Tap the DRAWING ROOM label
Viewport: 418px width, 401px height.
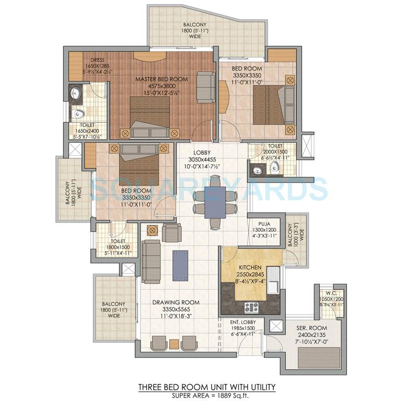coord(176,302)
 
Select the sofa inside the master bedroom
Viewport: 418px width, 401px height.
coord(205,87)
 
